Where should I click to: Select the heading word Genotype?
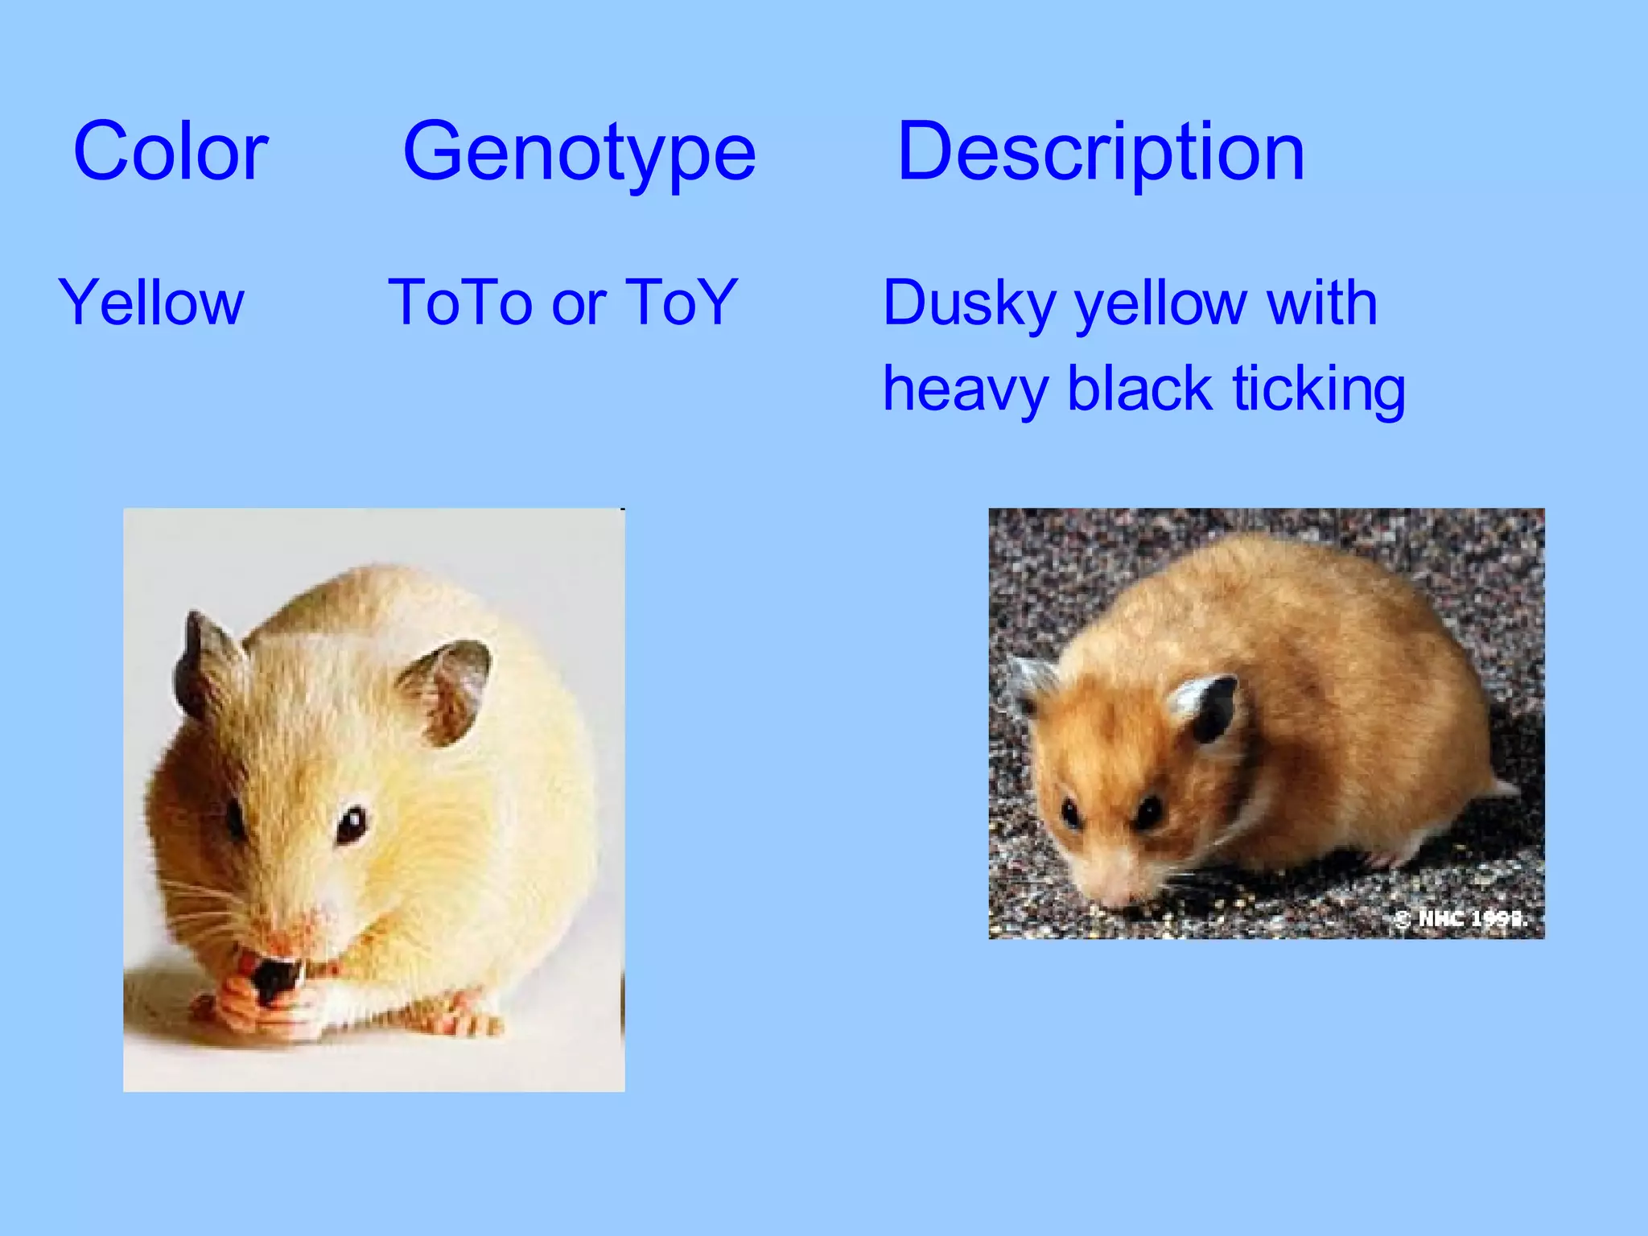579,153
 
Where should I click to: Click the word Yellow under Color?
150,303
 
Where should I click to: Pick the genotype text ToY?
681,303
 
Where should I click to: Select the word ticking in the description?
1319,390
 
